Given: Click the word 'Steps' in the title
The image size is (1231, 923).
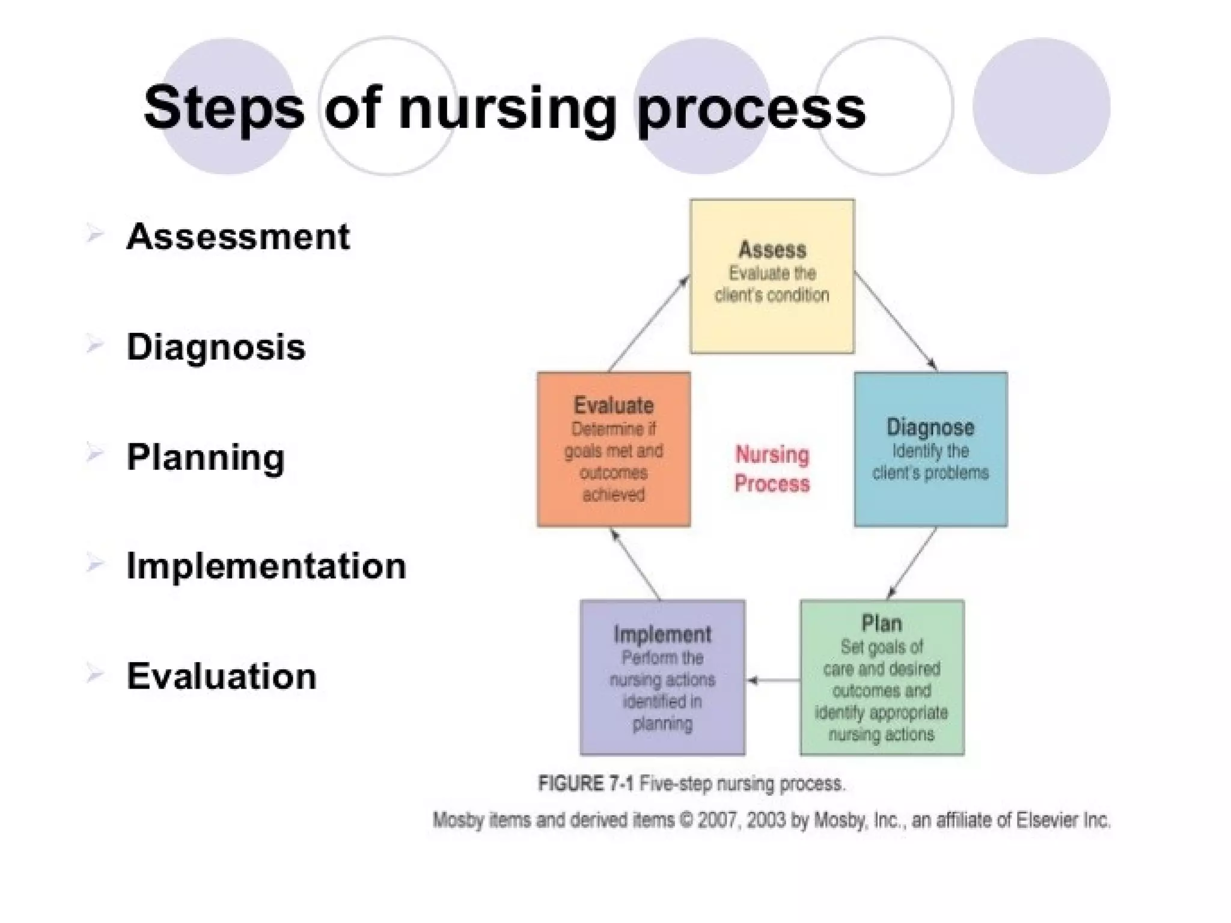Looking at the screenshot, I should (x=224, y=108).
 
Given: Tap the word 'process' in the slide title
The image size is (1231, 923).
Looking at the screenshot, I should (x=751, y=109).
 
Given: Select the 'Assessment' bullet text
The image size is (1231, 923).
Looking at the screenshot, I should (x=238, y=236).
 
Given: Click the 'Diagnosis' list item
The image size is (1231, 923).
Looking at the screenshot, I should (x=216, y=347).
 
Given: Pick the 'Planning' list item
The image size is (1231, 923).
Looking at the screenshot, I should (x=206, y=457).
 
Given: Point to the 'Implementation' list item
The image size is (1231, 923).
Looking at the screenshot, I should (x=266, y=566).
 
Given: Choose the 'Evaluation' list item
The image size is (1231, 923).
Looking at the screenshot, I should (x=221, y=677).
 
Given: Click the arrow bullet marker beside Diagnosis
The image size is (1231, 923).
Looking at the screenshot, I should (x=95, y=345).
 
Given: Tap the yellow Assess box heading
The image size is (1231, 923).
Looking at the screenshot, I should (x=772, y=249).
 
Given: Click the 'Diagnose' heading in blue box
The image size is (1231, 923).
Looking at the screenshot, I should (x=930, y=427).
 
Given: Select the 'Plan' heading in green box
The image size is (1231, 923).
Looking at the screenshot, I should (x=881, y=623).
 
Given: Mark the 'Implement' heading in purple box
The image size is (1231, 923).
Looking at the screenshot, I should (x=662, y=634).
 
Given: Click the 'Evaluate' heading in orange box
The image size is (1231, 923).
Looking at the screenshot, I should (x=614, y=405).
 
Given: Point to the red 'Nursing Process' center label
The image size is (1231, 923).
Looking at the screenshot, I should (x=772, y=469).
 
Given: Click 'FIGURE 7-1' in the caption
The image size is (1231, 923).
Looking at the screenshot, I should (x=585, y=784).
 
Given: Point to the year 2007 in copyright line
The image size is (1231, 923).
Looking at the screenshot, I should (x=717, y=820).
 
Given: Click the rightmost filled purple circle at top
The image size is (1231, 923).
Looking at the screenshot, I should (x=1041, y=106).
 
